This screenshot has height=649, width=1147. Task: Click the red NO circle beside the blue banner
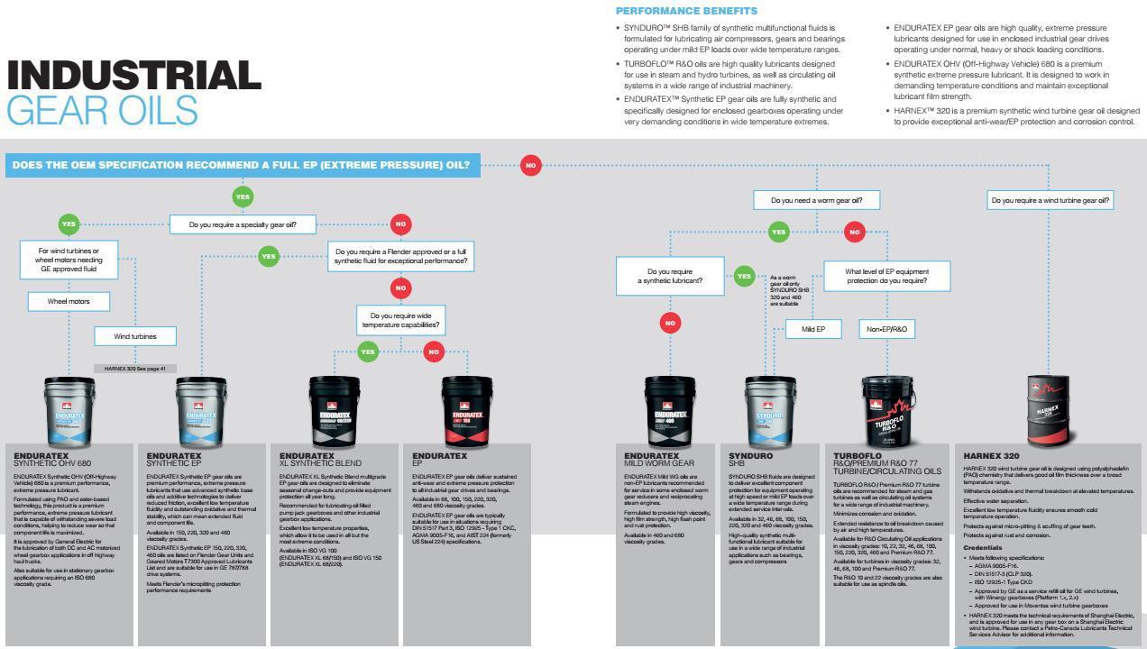(x=530, y=165)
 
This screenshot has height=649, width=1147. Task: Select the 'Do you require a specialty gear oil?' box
(x=243, y=224)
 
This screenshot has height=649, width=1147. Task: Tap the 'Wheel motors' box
(x=69, y=301)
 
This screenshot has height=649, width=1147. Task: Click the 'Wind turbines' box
(x=134, y=336)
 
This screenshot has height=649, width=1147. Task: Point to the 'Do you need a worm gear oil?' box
(x=816, y=200)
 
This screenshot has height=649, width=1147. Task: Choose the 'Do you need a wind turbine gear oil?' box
(x=1050, y=200)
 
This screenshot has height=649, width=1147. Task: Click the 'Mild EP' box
(x=812, y=329)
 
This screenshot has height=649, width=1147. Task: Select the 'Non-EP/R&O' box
(x=886, y=329)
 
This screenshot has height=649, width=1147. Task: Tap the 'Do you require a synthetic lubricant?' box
(x=669, y=276)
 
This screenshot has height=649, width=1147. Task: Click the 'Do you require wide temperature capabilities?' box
(x=400, y=320)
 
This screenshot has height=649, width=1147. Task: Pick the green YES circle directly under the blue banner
(x=243, y=197)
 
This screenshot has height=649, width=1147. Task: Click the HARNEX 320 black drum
(x=1047, y=409)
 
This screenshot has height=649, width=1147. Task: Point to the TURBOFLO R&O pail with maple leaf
(x=888, y=411)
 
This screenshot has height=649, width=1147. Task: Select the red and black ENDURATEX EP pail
(x=466, y=410)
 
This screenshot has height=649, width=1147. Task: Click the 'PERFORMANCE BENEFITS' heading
(x=686, y=11)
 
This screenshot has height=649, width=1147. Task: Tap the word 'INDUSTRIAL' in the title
(x=133, y=76)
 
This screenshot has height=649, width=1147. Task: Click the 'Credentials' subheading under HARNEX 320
(x=982, y=547)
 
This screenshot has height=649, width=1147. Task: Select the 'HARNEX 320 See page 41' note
(x=134, y=369)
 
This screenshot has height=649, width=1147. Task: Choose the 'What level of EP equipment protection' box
(x=886, y=276)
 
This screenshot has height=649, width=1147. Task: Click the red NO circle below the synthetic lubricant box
(x=669, y=323)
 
